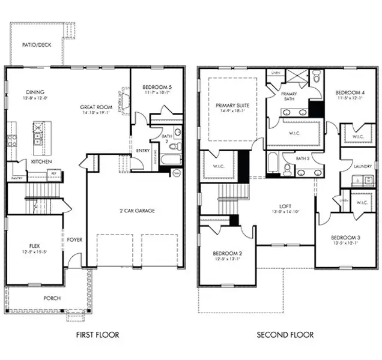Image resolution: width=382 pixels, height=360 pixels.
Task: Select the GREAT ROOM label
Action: pyautogui.click(x=95, y=107)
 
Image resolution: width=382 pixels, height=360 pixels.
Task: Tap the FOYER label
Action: pyautogui.click(x=74, y=239)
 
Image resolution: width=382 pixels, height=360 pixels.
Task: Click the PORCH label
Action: pyautogui.click(x=52, y=298)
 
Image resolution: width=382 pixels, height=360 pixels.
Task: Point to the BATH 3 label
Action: pyautogui.click(x=303, y=158)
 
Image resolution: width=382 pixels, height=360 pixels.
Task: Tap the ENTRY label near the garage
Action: pyautogui.click(x=143, y=151)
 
